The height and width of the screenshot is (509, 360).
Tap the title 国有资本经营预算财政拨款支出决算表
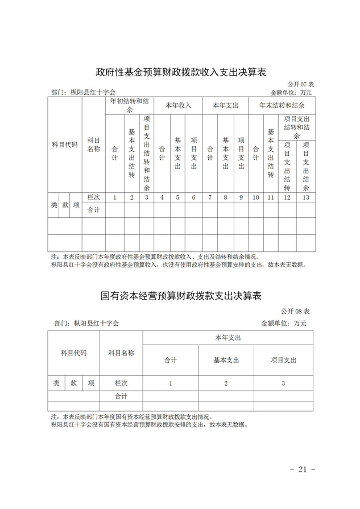(x=181, y=296)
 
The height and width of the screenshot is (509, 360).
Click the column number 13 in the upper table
(x=306, y=197)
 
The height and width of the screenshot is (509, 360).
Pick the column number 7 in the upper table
(x=210, y=197)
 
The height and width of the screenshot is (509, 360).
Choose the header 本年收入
(x=178, y=105)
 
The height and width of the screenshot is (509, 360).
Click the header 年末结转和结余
(x=282, y=105)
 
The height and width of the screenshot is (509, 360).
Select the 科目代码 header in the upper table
(x=65, y=144)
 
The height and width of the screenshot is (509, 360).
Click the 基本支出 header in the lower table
(x=226, y=360)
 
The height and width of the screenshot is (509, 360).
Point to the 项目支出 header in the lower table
(x=283, y=360)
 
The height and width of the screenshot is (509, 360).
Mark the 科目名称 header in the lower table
(x=121, y=353)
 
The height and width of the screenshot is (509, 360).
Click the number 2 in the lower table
(x=226, y=383)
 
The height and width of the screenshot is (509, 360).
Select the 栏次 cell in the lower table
(x=121, y=383)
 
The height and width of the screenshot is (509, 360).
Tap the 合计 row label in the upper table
(x=93, y=210)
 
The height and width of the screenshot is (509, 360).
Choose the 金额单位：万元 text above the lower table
(x=283, y=323)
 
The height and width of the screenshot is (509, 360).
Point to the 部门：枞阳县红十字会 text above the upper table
(x=83, y=92)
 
